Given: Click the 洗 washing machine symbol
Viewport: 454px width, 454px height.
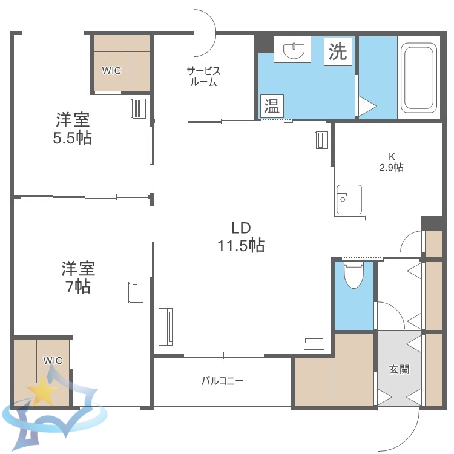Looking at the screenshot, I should coord(338,51).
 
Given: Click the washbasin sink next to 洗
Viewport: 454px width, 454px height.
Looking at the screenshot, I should coord(292,48).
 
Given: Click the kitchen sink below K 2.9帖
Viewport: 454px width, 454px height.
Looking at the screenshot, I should coord(349,199).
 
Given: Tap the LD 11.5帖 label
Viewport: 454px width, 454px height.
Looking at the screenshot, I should coord(241,237).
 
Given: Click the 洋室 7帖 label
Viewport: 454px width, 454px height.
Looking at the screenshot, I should coord(77,277).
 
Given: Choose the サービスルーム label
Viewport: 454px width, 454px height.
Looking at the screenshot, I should coord(202,76).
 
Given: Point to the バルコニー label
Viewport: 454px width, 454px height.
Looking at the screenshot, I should coord(222,381).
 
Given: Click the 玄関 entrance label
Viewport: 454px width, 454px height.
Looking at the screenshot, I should coord(399,369).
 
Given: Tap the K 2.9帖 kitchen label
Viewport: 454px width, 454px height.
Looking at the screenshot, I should coord(391,162).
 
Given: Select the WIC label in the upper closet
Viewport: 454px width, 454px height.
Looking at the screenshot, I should coord(111,70).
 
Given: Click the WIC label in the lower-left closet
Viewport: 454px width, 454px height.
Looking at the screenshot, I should coord(53,360).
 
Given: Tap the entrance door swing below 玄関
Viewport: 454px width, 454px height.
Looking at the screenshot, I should coord(397,430).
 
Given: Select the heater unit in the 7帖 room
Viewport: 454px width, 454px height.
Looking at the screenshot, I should coord(135,292).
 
